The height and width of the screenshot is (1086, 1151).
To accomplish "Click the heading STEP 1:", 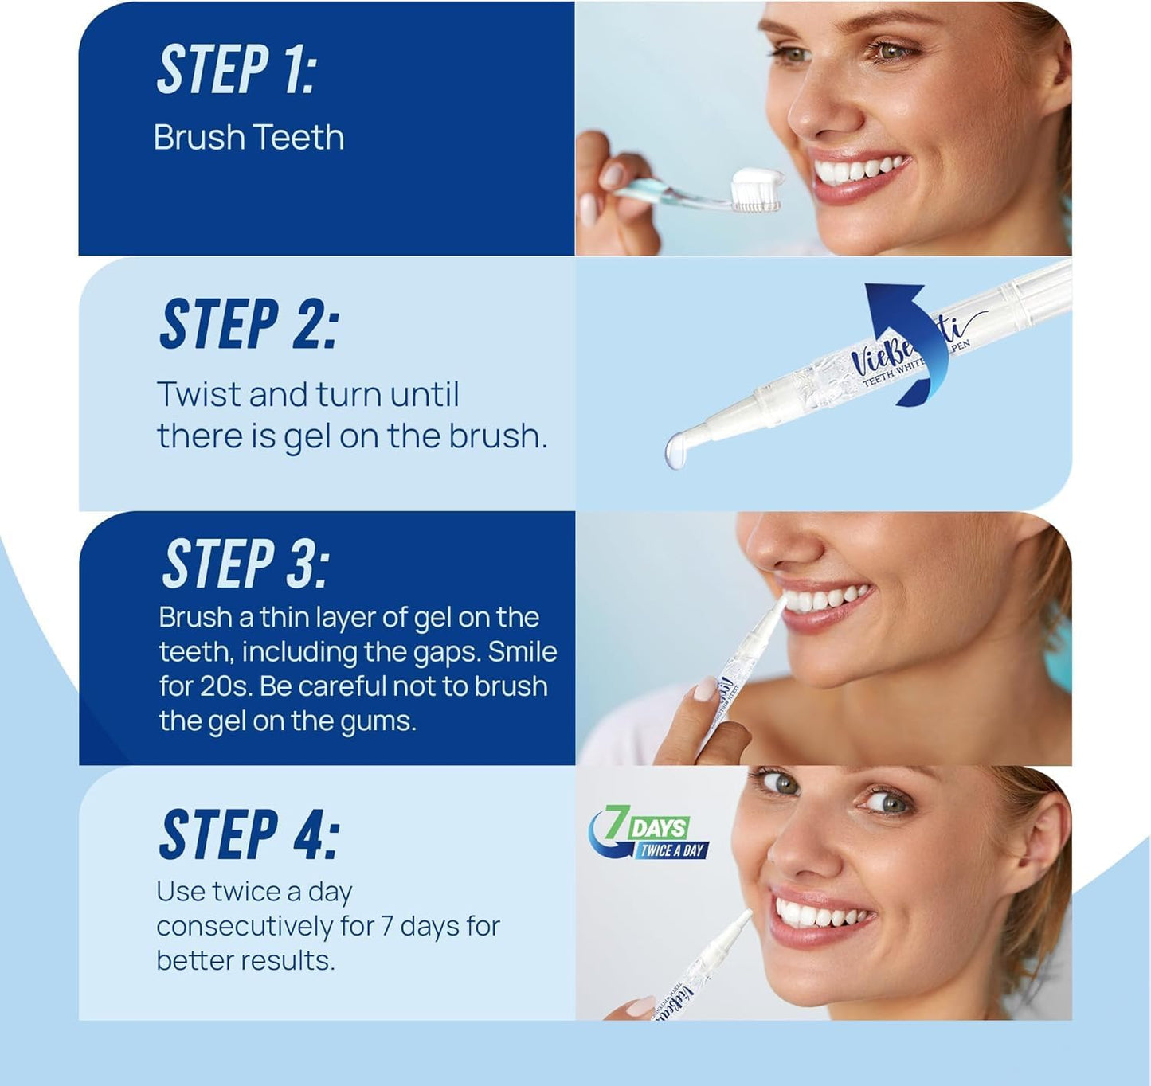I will click(x=237, y=70).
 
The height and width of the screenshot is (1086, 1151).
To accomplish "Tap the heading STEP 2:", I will click(x=249, y=324).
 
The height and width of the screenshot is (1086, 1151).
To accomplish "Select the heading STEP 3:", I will click(x=245, y=564).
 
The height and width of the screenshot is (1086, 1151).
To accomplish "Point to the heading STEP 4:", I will click(x=249, y=834).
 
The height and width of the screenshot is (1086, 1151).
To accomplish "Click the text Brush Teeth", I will click(x=249, y=138).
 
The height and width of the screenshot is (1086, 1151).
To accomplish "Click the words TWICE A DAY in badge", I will click(x=671, y=850).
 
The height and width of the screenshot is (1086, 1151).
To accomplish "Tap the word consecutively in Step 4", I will click(x=245, y=926).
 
